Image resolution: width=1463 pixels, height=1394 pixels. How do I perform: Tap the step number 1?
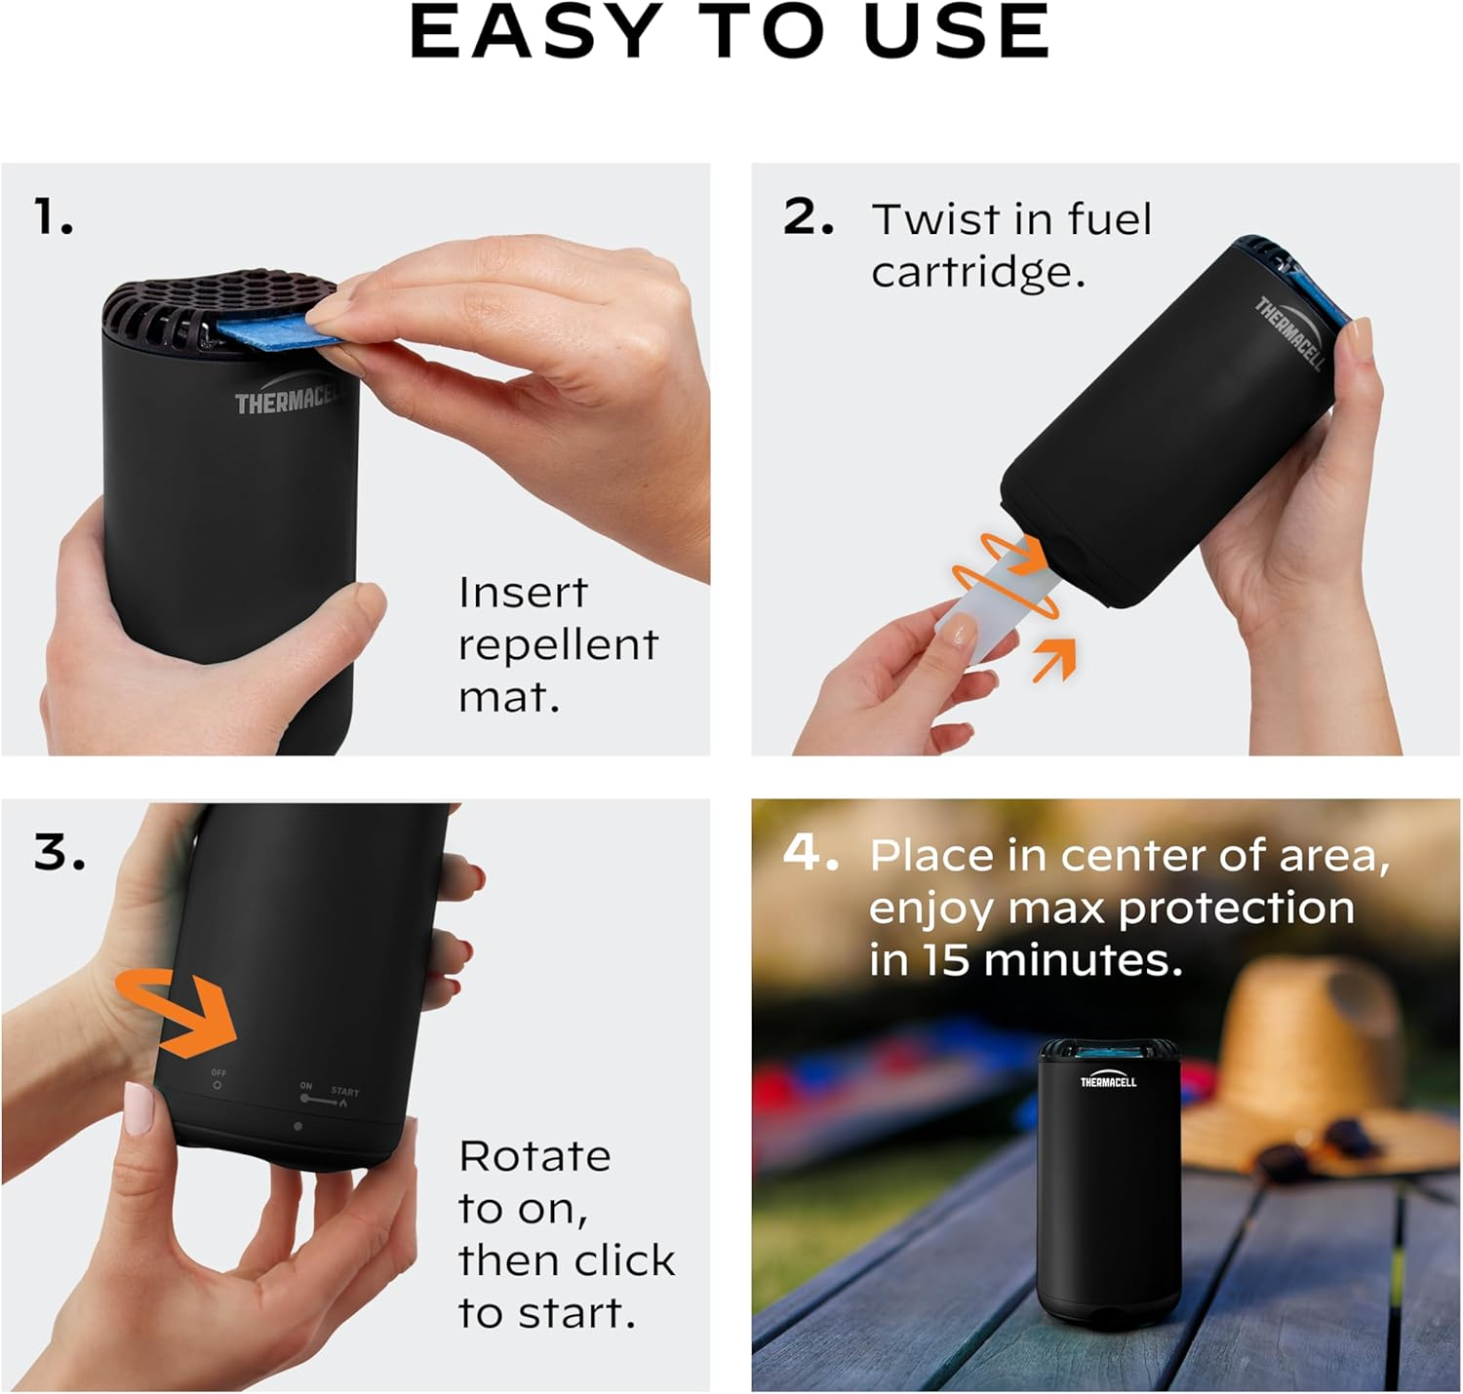pyautogui.click(x=54, y=216)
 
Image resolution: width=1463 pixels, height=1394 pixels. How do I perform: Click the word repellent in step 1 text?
pyautogui.click(x=558, y=645)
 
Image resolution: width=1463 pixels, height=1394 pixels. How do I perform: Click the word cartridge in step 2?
pyautogui.click(x=977, y=272)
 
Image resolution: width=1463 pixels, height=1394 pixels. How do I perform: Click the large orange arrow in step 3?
pyautogui.click(x=180, y=1014)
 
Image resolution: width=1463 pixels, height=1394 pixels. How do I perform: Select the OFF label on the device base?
pyautogui.click(x=218, y=1073)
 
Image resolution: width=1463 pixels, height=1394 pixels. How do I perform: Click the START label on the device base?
pyautogui.click(x=344, y=1092)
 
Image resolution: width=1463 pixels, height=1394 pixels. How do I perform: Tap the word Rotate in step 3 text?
pyautogui.click(x=534, y=1157)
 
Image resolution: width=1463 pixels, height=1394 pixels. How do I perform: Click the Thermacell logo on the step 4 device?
pyautogui.click(x=1108, y=1081)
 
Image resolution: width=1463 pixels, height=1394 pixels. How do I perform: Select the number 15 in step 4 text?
pyautogui.click(x=945, y=960)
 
